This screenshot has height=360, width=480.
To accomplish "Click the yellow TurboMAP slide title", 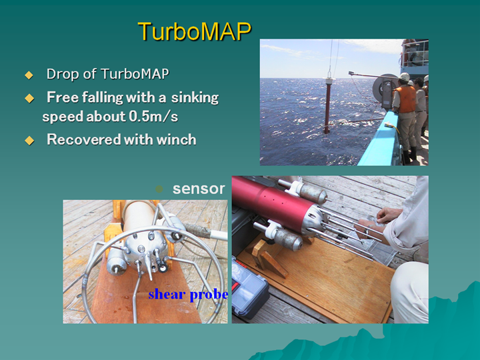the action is (x=195, y=31).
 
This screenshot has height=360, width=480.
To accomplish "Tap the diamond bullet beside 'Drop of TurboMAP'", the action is (x=29, y=75).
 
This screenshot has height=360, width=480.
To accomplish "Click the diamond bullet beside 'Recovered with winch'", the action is (x=29, y=141).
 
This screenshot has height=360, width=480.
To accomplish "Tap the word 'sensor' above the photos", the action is (x=199, y=189).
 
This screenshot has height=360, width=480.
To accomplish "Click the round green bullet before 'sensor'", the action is (x=159, y=189).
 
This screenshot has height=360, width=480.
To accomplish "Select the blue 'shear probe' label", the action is (x=188, y=295).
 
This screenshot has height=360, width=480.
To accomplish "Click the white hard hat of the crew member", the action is (x=405, y=77).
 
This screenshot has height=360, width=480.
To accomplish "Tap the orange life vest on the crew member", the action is (x=406, y=99).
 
